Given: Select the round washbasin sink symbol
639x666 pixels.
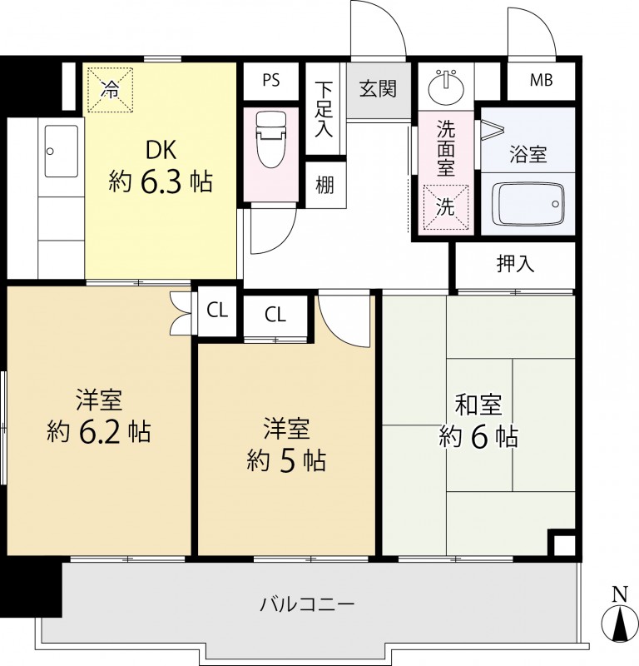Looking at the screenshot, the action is tap(446, 87).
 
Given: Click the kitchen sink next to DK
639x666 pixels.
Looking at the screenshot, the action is tap(61, 151).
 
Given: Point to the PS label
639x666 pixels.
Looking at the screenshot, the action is tap(271, 80).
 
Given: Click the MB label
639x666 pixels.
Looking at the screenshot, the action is tap(541, 80).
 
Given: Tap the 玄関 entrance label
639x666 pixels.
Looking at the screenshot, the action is tap(378, 89).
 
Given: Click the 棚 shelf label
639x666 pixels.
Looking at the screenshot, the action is tap(324, 185).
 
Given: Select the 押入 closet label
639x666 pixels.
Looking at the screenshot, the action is tap(515, 264).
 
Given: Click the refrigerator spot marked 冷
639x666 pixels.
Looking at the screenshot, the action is tap(111, 90).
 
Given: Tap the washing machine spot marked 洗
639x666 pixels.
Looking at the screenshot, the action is tap(446, 206).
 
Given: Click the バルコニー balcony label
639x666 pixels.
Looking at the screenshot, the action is tap(306, 604).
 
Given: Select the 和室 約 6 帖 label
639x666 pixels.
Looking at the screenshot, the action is tap(478, 420).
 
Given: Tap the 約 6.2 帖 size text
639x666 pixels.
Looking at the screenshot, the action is tap(99, 431).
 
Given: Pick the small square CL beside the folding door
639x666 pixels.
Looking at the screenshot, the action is tap(217, 311).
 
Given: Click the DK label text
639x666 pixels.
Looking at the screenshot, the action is tap(161, 150).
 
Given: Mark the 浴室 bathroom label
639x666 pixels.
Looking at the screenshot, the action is tap(528, 154).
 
